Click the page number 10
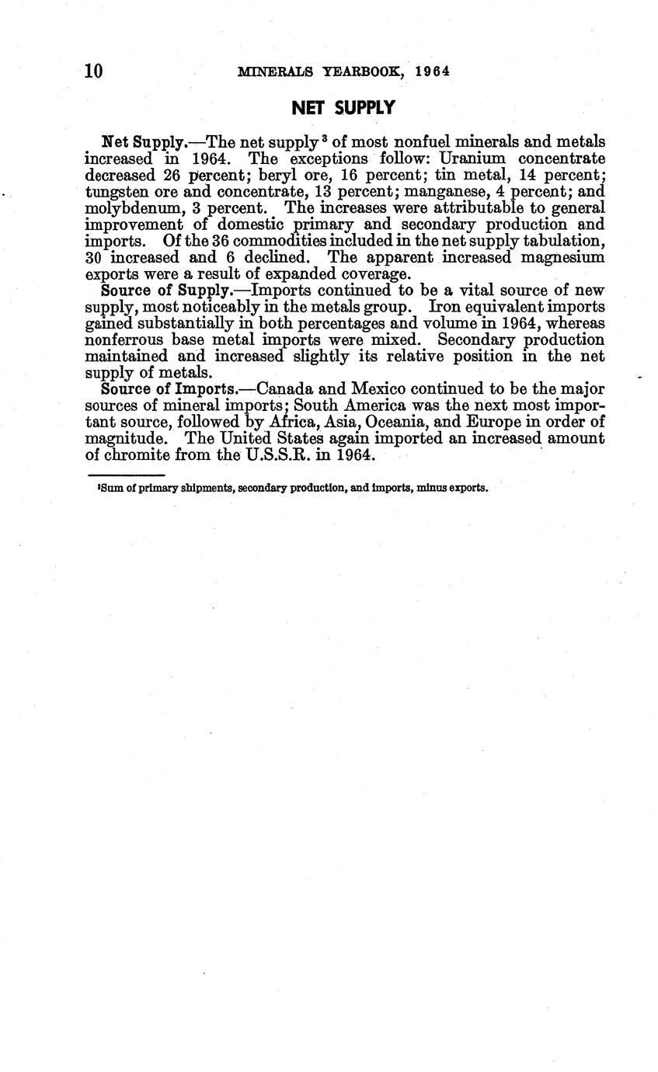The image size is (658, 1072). point(93,71)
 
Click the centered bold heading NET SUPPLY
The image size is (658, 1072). point(343,108)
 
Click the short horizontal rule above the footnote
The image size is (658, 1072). point(126,475)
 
